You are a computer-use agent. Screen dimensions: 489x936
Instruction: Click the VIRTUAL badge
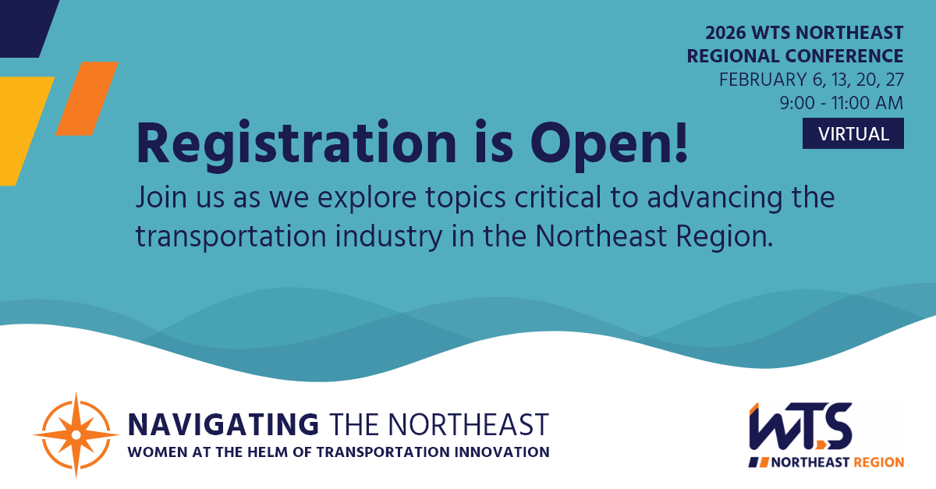[x=853, y=133]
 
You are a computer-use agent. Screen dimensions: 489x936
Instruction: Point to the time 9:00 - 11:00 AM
[x=841, y=102]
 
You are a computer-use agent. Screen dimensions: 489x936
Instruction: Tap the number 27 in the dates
[x=893, y=80]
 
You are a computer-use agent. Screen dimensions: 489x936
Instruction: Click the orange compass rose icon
[x=76, y=434]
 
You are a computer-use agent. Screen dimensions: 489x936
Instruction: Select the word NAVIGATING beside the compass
[x=223, y=424]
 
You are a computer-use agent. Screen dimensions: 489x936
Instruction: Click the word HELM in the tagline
[x=256, y=452]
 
